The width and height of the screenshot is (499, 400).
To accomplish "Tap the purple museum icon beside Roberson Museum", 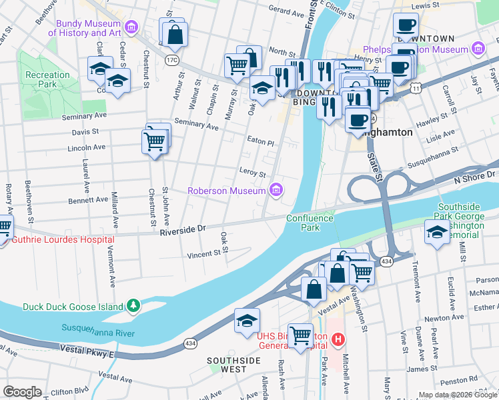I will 276,191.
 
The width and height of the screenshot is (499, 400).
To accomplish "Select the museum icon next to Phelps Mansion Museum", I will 477,49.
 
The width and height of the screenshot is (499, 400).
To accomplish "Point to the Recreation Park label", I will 47,79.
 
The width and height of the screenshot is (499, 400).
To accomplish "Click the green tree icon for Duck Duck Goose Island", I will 134,307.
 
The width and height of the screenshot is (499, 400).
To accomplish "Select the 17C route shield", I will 172,61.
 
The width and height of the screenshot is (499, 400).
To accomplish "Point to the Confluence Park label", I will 310,223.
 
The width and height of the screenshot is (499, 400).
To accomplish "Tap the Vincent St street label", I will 203,254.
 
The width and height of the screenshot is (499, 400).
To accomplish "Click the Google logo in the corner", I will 23,392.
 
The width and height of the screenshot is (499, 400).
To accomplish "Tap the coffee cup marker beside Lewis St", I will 406,26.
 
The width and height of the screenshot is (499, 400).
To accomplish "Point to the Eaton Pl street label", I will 260,143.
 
